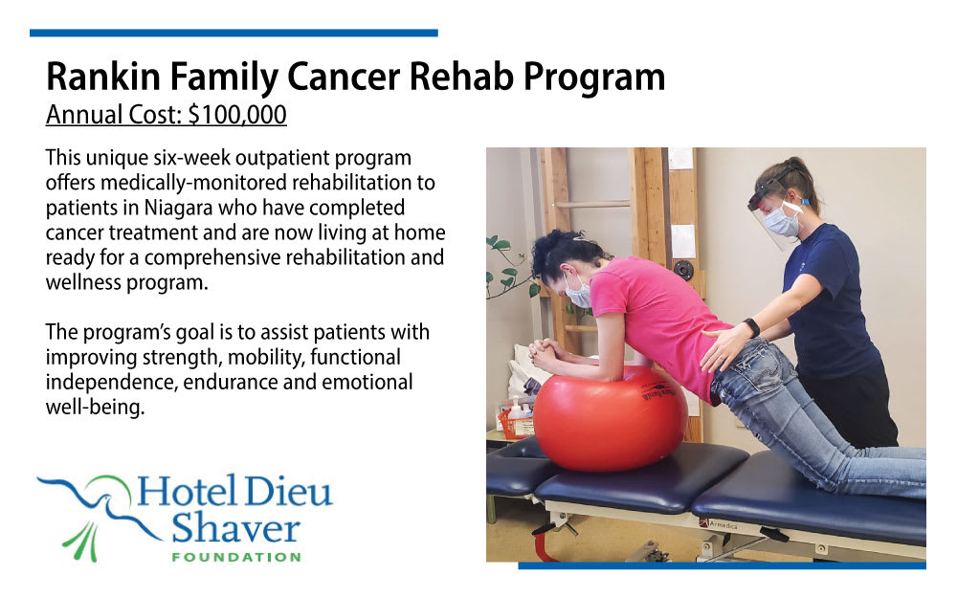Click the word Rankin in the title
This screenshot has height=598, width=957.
pyautogui.click(x=103, y=77)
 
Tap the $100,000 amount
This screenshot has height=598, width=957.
pyautogui.click(x=237, y=115)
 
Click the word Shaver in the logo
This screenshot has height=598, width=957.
pyautogui.click(x=235, y=528)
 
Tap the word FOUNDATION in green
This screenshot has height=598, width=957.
pyautogui.click(x=236, y=557)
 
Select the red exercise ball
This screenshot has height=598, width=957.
pyautogui.click(x=611, y=419)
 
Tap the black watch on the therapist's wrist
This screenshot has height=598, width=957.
pyautogui.click(x=751, y=327)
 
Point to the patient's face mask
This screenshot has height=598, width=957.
pyautogui.click(x=577, y=292)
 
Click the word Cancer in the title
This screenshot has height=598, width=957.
pyautogui.click(x=345, y=77)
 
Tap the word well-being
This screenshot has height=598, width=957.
pyautogui.click(x=95, y=407)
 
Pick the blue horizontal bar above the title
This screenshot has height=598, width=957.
pyautogui.click(x=234, y=33)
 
